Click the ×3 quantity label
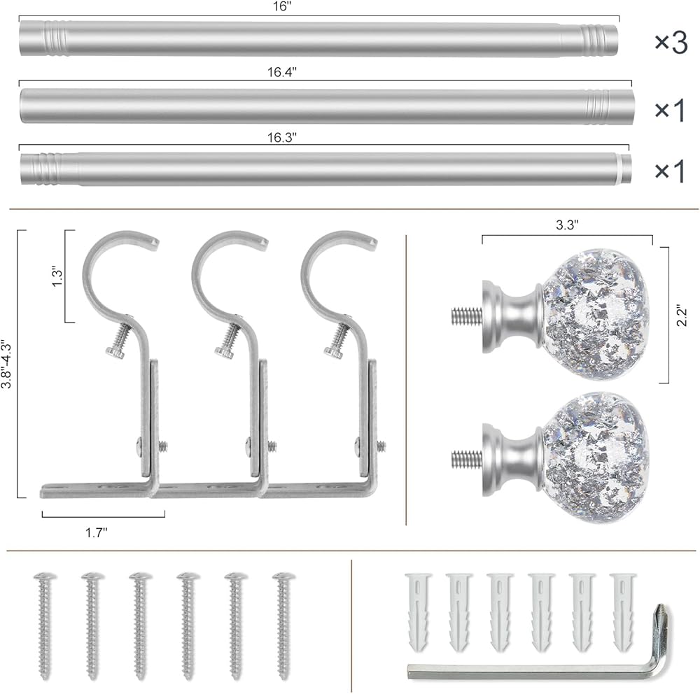click(671, 43)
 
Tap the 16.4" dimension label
click(281, 72)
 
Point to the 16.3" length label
click(281, 137)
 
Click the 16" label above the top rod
click(281, 7)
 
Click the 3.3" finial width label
click(567, 225)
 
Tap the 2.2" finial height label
click(682, 316)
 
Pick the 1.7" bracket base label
click(97, 532)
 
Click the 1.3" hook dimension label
click(57, 277)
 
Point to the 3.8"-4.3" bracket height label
click(6, 364)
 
